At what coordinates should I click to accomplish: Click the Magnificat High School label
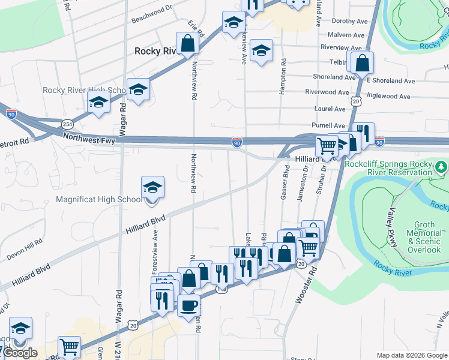click(x=100, y=200)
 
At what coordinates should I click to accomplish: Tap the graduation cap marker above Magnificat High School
click(x=152, y=188)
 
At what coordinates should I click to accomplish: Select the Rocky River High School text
click(x=83, y=91)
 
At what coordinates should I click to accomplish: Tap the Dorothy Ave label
click(x=349, y=21)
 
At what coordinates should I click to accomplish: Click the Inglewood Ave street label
click(x=389, y=96)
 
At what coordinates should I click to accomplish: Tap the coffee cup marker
click(x=188, y=305)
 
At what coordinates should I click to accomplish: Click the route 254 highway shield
click(x=66, y=124)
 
